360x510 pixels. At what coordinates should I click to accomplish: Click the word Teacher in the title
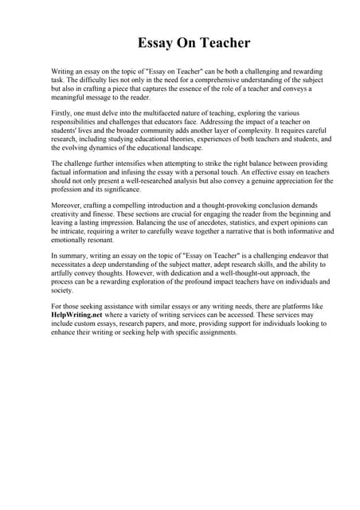click(x=218, y=43)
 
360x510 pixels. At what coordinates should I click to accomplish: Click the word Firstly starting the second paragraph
click(x=64, y=115)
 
